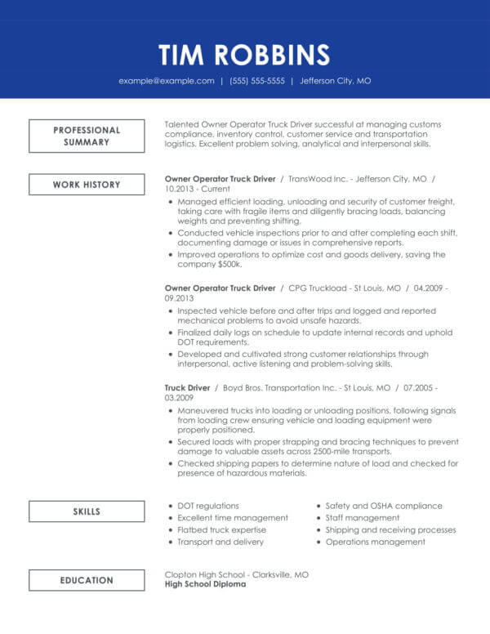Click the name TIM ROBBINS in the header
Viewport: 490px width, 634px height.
[244, 54]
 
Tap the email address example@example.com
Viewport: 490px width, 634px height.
[167, 81]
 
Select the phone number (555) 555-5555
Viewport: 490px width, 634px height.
[257, 81]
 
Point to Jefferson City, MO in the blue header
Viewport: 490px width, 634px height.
[335, 81]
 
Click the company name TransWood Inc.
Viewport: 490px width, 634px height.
[317, 178]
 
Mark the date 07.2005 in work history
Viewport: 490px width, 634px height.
[421, 387]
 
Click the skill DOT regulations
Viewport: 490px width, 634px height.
[208, 506]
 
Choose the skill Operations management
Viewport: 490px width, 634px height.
[363, 541]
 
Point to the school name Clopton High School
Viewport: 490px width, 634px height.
[204, 574]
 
